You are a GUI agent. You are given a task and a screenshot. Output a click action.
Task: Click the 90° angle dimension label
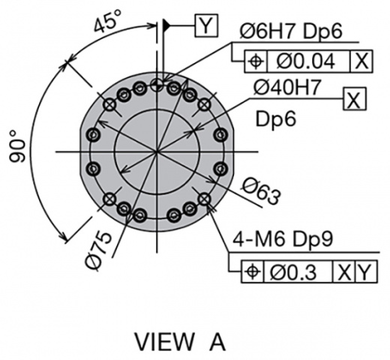(17, 146)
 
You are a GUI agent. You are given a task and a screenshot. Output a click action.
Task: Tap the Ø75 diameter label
(99, 250)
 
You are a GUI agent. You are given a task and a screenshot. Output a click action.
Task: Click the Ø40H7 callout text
(286, 87)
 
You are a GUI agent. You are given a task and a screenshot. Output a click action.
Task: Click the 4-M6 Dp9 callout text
(283, 239)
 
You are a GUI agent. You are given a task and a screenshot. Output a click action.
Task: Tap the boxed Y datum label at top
(206, 25)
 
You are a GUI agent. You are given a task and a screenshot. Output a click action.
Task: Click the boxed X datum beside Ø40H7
(355, 99)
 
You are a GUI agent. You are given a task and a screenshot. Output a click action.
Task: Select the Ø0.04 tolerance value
(305, 61)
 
